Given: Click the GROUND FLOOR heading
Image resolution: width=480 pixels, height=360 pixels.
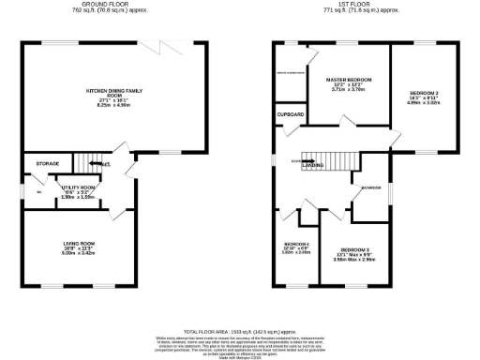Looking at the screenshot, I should click(x=106, y=4).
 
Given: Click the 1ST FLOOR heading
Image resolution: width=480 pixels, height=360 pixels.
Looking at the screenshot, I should click(x=361, y=4).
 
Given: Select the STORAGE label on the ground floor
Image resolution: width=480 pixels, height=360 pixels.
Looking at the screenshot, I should click(x=48, y=164).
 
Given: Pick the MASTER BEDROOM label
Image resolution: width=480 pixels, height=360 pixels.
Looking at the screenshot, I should click(x=349, y=81).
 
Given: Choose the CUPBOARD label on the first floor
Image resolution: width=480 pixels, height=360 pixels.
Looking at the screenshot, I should click(x=291, y=114).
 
